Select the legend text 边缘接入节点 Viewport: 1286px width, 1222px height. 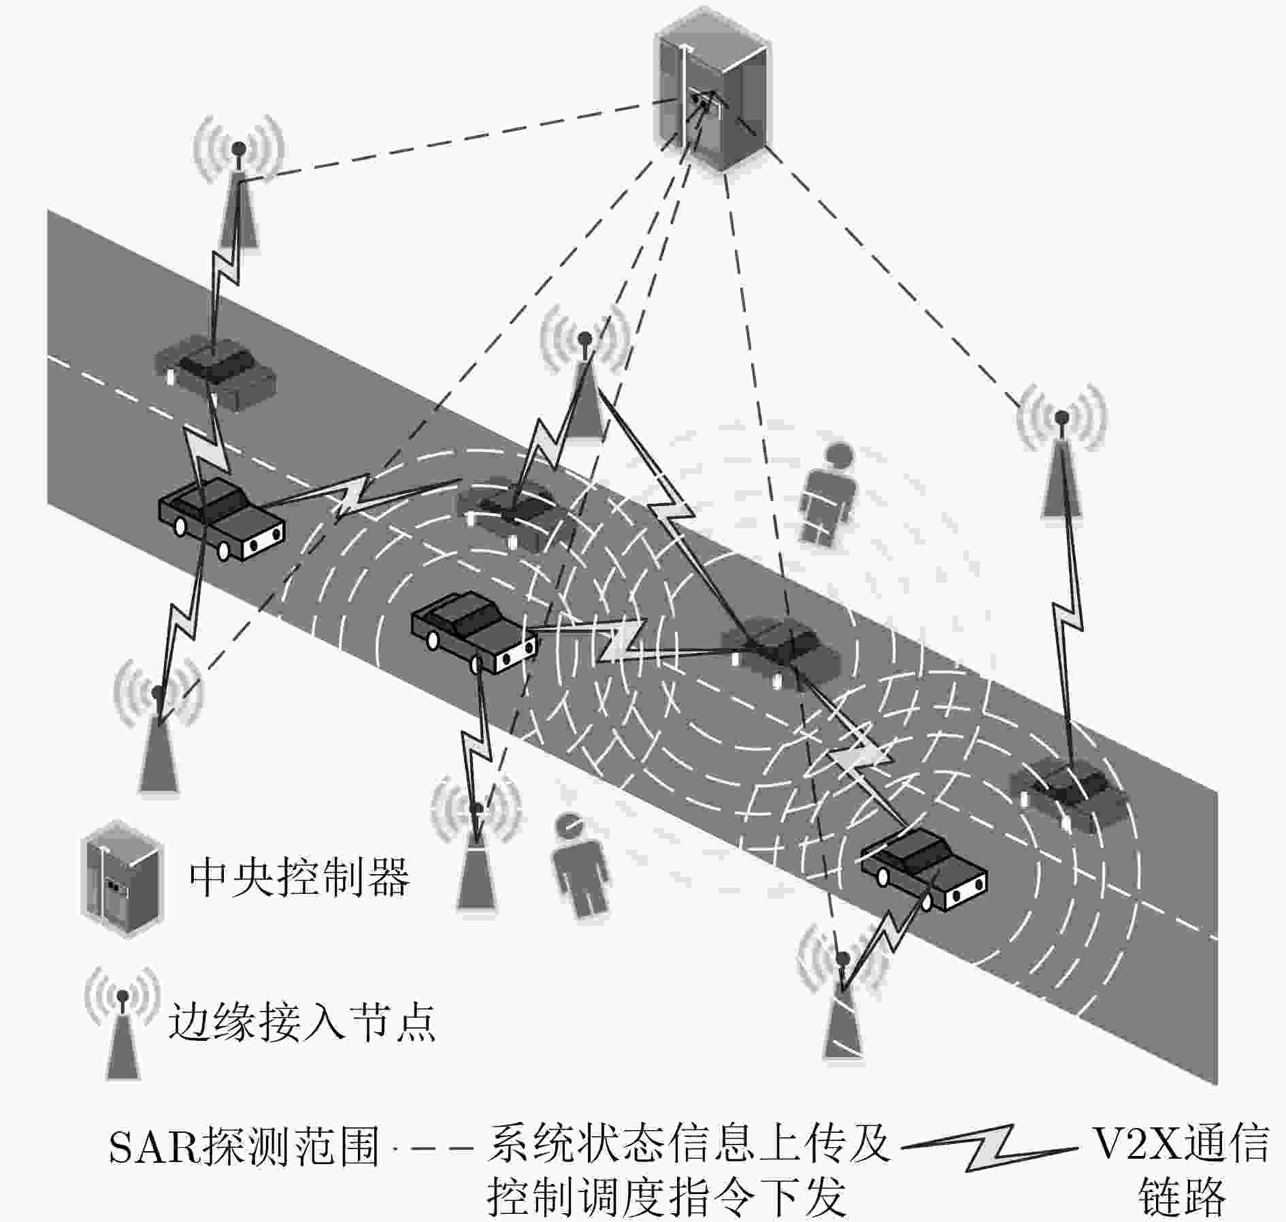click(x=302, y=1021)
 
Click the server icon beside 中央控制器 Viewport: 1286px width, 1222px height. click(x=122, y=879)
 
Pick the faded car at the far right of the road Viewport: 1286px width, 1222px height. click(x=1068, y=794)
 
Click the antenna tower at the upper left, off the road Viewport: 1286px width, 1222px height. click(x=238, y=183)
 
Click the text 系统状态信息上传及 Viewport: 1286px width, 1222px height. click(x=689, y=1143)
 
